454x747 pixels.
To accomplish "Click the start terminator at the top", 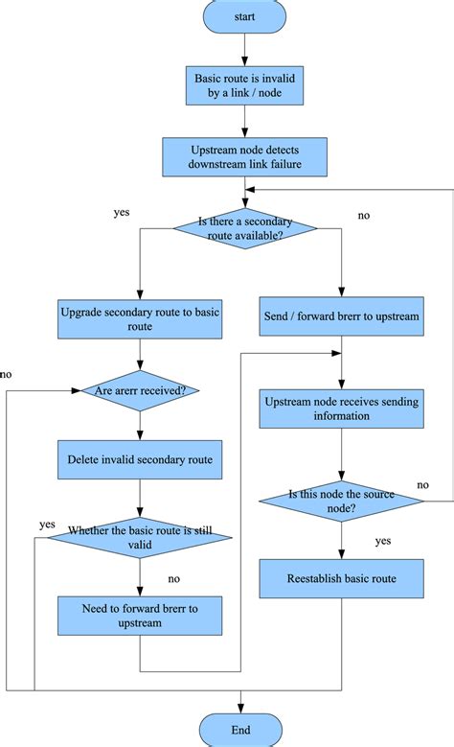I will (245, 16).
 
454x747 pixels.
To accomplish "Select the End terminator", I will (240, 730).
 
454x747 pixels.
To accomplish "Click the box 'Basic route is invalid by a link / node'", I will (245, 85).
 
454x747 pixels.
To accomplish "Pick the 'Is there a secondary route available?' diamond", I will (245, 227).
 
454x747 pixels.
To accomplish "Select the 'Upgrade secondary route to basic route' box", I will (140, 319).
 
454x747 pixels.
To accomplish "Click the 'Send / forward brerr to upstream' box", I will (340, 315).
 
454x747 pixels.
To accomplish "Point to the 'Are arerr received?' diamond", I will (140, 389).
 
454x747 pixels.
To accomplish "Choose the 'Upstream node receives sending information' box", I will (340, 409).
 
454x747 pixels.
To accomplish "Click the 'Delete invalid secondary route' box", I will (140, 460).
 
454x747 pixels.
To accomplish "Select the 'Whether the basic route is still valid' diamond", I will (140, 537).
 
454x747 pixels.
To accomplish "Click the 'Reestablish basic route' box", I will (340, 578).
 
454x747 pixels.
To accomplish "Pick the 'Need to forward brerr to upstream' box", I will (140, 615).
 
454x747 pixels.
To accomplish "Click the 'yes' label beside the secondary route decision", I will (122, 212).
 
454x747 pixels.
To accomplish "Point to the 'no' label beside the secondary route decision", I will (364, 216).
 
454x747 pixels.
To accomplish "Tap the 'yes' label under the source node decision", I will (383, 541).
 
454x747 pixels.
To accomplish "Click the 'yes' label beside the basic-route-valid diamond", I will (47, 525).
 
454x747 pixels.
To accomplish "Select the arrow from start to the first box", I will (245, 48).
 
